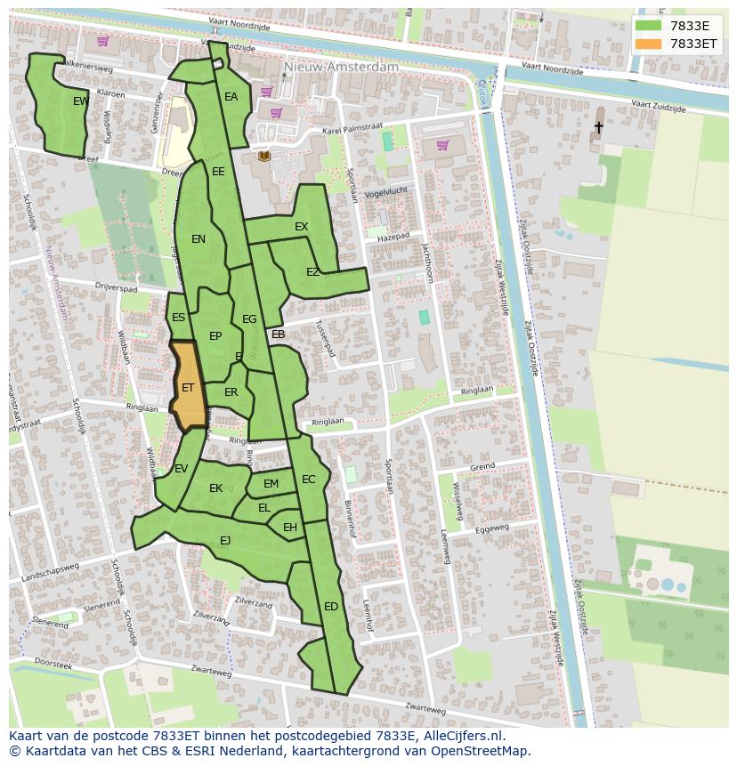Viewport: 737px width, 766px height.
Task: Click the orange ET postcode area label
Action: [188, 388]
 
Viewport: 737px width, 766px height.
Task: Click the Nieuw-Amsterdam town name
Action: [341, 67]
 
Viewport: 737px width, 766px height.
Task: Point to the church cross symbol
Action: [598, 128]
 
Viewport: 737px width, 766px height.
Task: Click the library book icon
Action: [263, 157]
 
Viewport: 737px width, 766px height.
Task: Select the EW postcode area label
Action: [80, 101]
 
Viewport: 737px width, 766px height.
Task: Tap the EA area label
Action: [231, 97]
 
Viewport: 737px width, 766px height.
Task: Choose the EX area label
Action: [301, 227]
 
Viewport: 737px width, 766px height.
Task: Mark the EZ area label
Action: [312, 272]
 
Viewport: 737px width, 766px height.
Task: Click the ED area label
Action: [331, 607]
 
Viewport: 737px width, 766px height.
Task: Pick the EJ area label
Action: [225, 540]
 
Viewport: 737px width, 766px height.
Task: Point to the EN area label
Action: [198, 238]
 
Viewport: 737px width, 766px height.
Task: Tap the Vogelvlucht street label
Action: [386, 190]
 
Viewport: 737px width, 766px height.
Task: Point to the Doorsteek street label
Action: [53, 665]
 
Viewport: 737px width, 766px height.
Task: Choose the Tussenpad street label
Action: [325, 339]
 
